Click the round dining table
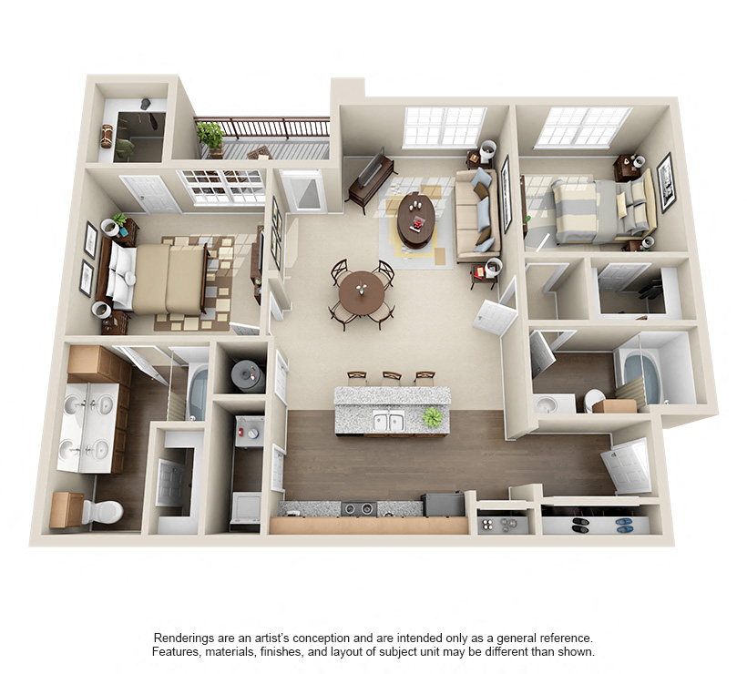pyautogui.click(x=363, y=292)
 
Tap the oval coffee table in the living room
pyautogui.click(x=415, y=219)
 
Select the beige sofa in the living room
pyautogui.click(x=476, y=215)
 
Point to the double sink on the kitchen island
pyautogui.click(x=389, y=421)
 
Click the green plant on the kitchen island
pyautogui.click(x=433, y=417)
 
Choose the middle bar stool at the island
pyautogui.click(x=391, y=377)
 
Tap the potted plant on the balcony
pyautogui.click(x=210, y=137)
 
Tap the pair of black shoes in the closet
pyautogui.click(x=579, y=525)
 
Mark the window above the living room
pyautogui.click(x=445, y=127)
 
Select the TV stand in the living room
pyautogui.click(x=372, y=181)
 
